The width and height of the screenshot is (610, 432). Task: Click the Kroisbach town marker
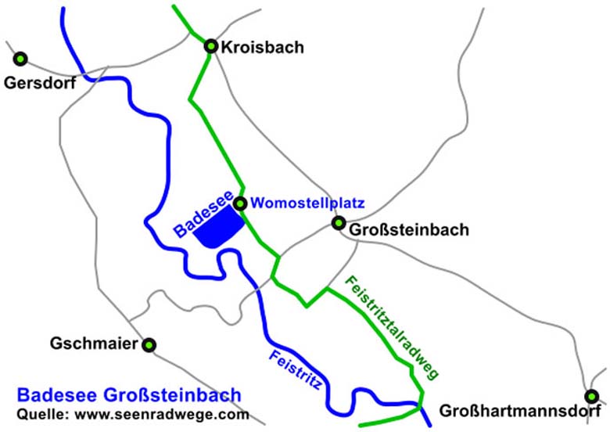210,46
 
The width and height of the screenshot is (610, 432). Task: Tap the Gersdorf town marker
20,58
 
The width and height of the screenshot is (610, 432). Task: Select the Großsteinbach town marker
339,223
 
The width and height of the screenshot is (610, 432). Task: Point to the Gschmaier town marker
149,344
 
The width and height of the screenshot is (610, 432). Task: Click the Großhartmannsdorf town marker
592,397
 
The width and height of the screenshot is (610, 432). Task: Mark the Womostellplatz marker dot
240,203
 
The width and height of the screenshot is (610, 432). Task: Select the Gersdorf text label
39,82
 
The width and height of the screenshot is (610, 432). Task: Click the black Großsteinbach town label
409,230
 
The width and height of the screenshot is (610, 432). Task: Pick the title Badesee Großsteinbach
128,395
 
